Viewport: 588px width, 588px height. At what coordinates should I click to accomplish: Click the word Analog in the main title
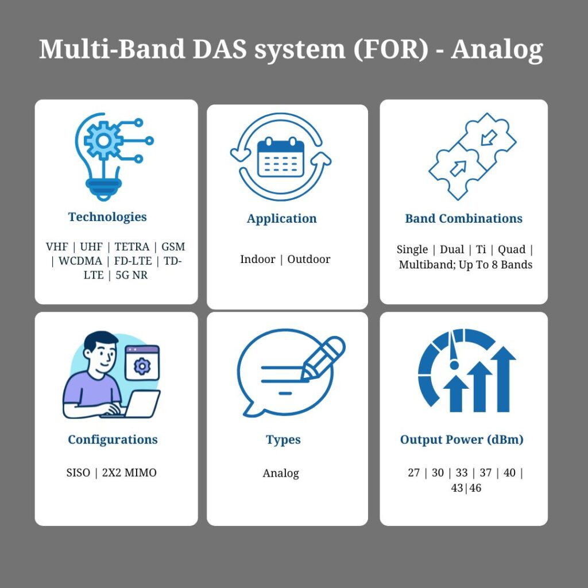(x=497, y=49)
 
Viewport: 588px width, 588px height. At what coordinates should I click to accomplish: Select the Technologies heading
(x=107, y=217)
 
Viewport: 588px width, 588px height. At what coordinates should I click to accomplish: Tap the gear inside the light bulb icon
(x=103, y=139)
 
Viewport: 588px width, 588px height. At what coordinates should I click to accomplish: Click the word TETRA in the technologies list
(x=131, y=247)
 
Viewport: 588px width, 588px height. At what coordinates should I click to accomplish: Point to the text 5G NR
(x=131, y=275)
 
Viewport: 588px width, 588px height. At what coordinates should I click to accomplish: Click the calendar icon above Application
(x=280, y=157)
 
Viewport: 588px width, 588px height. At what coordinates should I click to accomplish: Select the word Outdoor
(x=309, y=260)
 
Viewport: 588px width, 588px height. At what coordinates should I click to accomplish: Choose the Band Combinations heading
(x=463, y=219)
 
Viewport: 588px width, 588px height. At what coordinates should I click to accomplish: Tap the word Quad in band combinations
(x=511, y=250)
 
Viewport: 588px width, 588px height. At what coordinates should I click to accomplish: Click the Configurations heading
(x=113, y=440)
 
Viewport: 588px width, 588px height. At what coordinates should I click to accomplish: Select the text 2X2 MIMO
(x=129, y=473)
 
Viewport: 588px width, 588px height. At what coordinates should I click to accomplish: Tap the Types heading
(x=283, y=440)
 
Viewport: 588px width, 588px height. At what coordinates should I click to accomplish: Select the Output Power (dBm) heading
(x=462, y=440)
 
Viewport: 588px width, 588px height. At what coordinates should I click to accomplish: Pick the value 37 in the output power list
(x=485, y=473)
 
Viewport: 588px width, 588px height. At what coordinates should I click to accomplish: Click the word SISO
(x=78, y=473)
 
